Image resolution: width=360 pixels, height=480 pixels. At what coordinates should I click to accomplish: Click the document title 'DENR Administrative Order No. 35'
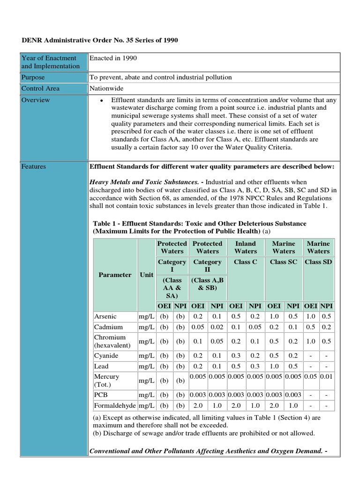point(100,41)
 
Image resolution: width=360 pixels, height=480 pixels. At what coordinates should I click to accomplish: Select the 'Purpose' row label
point(34,77)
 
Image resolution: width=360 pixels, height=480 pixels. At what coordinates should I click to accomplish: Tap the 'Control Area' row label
point(40,89)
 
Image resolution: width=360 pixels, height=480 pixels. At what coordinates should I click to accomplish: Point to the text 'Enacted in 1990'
point(113,58)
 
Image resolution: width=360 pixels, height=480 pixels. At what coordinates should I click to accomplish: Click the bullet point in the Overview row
point(101,100)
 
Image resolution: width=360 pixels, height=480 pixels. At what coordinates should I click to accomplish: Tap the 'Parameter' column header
point(115,275)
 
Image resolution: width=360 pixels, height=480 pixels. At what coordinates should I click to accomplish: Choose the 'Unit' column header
point(146,275)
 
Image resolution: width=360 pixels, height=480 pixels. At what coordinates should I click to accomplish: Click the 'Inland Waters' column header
point(246,247)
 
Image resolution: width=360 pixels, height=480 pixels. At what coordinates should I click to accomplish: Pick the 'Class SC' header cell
point(284,262)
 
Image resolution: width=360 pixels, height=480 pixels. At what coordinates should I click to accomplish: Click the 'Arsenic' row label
point(105,316)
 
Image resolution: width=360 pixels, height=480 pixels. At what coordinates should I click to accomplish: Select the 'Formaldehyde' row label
point(115,405)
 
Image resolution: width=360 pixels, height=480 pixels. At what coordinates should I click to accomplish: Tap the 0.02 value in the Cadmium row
point(217,327)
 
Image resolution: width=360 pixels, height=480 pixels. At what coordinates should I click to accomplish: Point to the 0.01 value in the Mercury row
point(326,376)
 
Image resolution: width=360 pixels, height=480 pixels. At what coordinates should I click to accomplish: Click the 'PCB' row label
point(101,394)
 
